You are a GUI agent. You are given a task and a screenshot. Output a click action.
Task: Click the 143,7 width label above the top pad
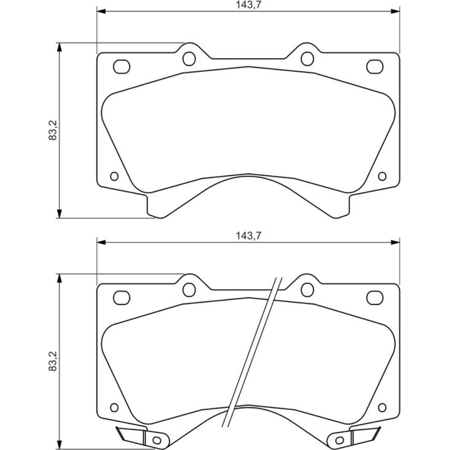pos(248,5)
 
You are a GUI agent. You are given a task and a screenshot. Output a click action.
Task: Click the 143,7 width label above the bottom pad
pos(248,236)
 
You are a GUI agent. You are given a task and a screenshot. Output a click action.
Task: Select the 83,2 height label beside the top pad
pos(53,130)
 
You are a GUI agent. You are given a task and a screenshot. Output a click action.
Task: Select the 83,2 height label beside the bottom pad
pos(53,361)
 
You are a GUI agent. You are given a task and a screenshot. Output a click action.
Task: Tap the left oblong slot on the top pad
pos(121,67)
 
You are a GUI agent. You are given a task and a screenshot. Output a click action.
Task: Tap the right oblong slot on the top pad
pos(375,67)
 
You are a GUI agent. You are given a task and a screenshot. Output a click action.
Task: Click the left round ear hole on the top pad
pos(189,58)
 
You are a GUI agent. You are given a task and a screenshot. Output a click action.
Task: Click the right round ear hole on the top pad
pos(307,58)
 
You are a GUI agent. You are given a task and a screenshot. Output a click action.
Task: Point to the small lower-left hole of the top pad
pos(114,176)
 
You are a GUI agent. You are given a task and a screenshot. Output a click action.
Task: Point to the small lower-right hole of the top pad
pos(382,176)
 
